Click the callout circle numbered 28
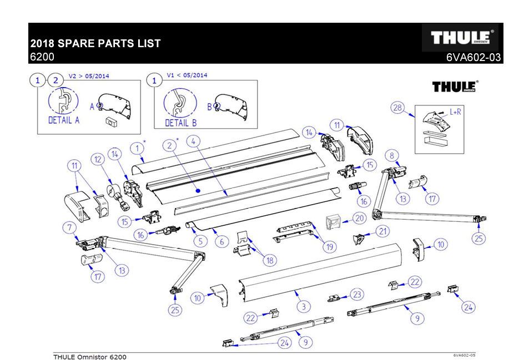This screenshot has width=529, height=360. coord(397,108)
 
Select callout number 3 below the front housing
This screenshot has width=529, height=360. coord(303,306)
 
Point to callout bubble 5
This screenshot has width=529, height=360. coord(198,241)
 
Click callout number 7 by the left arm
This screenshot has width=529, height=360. coord(69,227)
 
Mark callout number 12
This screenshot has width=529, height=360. coord(98,160)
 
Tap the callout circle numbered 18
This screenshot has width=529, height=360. coord(270,260)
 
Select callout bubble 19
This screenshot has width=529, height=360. coord(330,246)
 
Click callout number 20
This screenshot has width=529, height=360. coord(359,219)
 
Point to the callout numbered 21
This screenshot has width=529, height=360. coord(382,231)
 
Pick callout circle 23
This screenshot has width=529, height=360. coord(357,294)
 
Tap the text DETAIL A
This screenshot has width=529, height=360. coord(64,120)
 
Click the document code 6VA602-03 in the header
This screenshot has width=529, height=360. coord(473,58)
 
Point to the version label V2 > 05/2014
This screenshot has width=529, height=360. coord(88,75)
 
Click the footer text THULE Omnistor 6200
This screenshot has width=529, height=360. coord(89,356)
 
